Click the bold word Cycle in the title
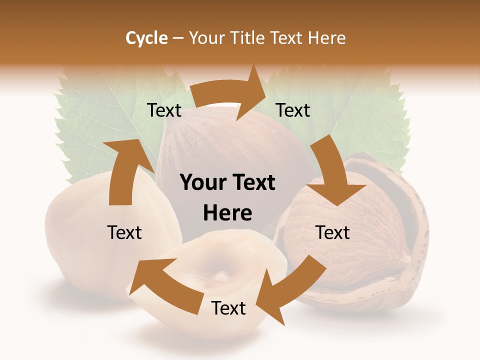pos(146,38)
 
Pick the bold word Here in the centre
pos(227,213)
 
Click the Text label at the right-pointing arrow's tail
pos(164,110)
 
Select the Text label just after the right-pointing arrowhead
pos(293,110)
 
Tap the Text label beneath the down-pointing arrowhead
pos(333,232)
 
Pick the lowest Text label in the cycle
pos(228,308)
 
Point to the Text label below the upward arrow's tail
pos(124,232)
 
